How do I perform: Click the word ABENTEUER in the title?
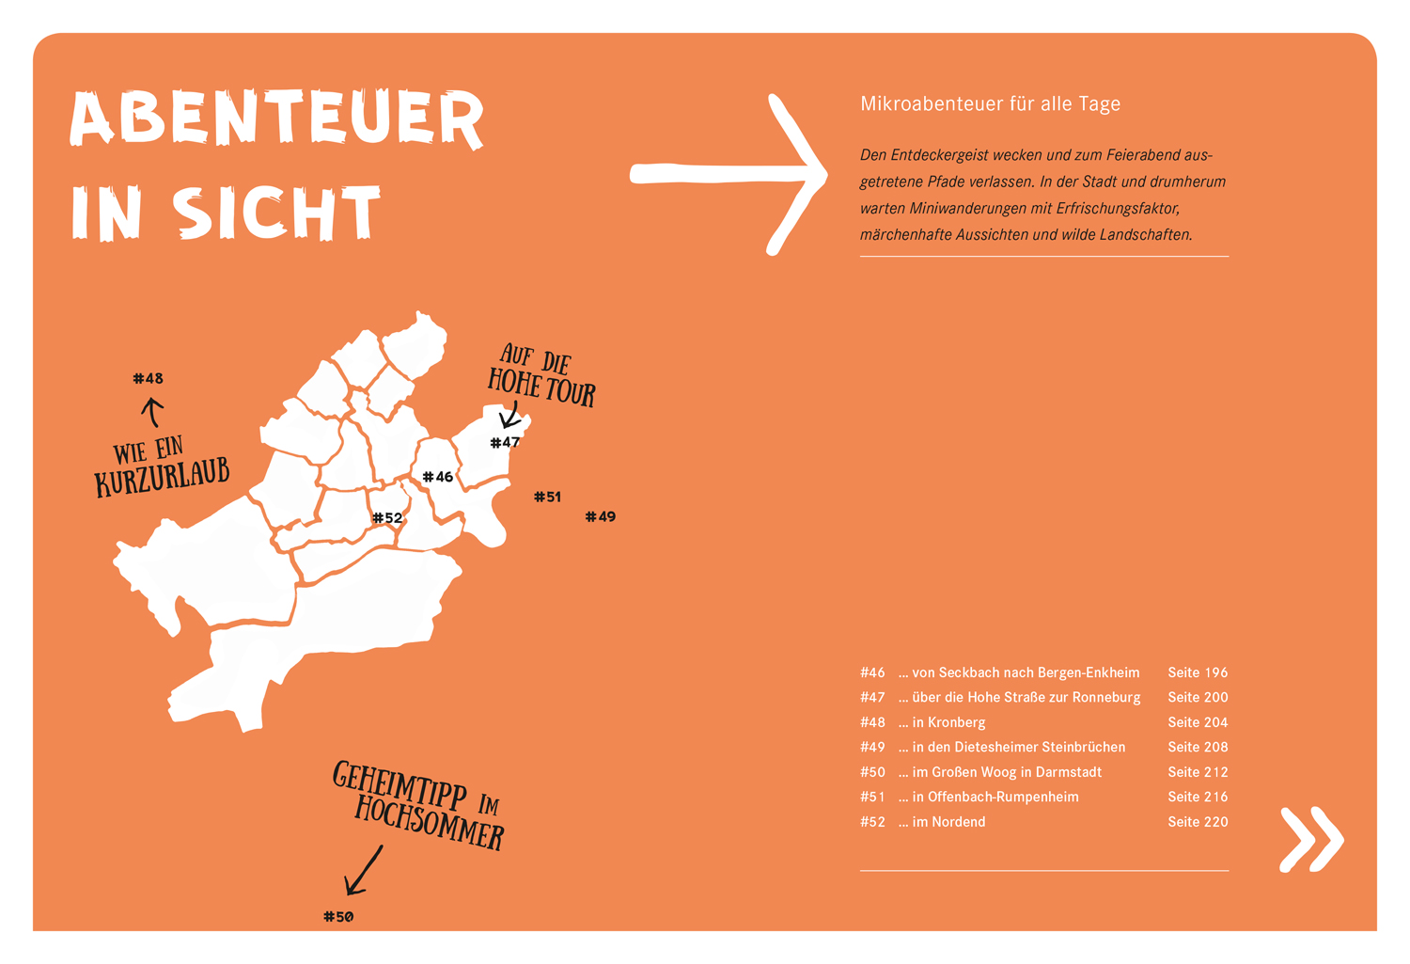pos(277,120)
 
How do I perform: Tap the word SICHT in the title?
pos(277,213)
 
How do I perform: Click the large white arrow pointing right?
pos(728,174)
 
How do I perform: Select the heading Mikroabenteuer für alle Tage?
pos(990,103)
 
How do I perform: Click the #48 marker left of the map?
pos(149,379)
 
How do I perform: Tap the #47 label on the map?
pos(505,442)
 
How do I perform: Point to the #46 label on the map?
pos(438,477)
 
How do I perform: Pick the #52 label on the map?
pos(387,518)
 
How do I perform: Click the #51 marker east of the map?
pos(547,497)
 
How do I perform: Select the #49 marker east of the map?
pos(601,516)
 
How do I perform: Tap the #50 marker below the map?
pos(338,917)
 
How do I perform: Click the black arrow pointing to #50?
pos(363,870)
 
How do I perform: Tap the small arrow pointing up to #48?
pos(152,411)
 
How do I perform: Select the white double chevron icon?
pos(1311,838)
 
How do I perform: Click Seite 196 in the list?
pos(1198,672)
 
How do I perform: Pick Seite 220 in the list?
pos(1198,822)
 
